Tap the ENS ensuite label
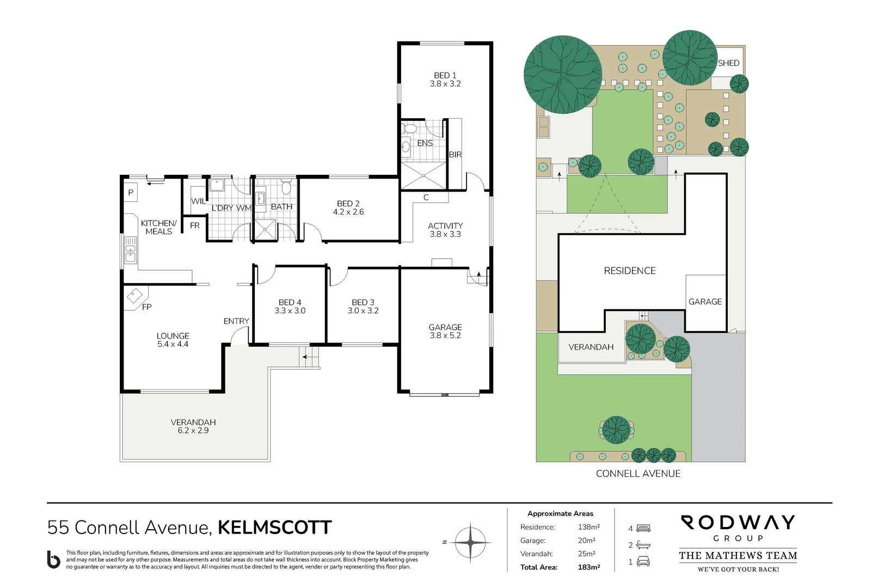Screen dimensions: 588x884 (x=425, y=143)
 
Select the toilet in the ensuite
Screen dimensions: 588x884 (x=410, y=129)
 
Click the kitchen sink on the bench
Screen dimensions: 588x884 (x=131, y=250)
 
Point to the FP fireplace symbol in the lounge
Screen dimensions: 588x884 (x=134, y=296)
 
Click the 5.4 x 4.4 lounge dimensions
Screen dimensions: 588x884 (x=173, y=344)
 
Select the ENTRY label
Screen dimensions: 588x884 (x=236, y=321)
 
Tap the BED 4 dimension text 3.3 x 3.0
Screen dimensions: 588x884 (x=290, y=311)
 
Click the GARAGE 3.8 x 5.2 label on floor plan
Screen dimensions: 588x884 (x=445, y=331)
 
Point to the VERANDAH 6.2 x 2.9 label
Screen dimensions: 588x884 (x=193, y=426)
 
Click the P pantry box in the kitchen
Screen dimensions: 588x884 (x=131, y=192)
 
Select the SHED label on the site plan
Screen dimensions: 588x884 (x=728, y=63)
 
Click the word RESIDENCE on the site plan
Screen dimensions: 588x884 (x=629, y=271)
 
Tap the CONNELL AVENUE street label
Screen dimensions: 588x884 (x=638, y=474)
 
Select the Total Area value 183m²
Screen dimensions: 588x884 (x=588, y=567)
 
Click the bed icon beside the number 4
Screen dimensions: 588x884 (x=643, y=528)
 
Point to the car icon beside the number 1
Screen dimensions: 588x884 (x=643, y=562)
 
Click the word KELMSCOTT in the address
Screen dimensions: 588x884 (x=274, y=528)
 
